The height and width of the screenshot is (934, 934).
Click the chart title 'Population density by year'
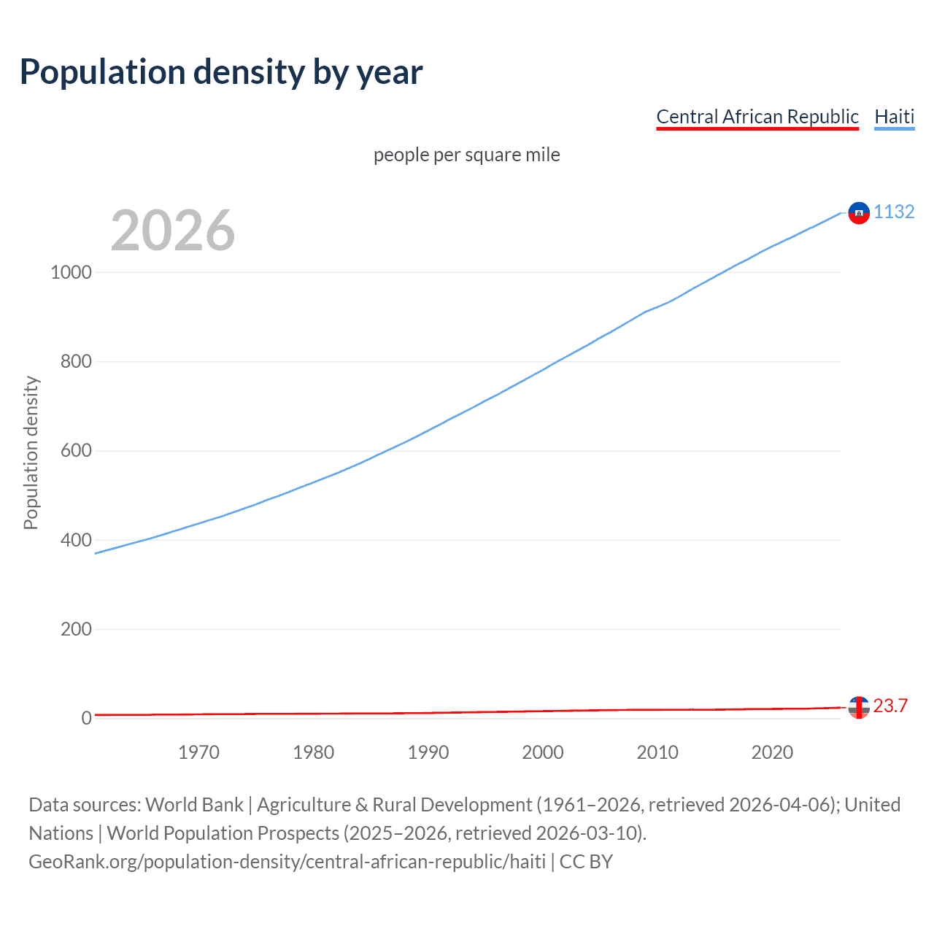(221, 72)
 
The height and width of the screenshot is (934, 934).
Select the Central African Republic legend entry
(757, 117)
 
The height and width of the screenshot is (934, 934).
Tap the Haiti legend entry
(894, 117)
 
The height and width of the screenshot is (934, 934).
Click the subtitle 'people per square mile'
(466, 155)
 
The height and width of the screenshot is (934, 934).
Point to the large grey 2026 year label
(173, 231)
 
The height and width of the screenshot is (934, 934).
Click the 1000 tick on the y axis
(72, 272)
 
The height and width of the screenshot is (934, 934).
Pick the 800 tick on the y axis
(76, 362)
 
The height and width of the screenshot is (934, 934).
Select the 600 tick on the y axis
(76, 451)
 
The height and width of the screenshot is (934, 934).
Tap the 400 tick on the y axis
(76, 541)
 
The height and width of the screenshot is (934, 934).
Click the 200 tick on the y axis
(76, 630)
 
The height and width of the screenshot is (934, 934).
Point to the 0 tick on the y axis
(87, 719)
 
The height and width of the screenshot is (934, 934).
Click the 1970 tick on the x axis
(198, 752)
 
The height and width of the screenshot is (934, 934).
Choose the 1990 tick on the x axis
(428, 752)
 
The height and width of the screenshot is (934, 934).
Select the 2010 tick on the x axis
(657, 752)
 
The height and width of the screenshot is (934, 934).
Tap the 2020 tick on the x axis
(772, 752)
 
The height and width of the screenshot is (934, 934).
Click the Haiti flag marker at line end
(859, 212)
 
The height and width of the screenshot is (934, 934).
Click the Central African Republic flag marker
(859, 707)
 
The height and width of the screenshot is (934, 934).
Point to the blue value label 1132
(894, 212)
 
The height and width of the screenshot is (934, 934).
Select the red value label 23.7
(890, 706)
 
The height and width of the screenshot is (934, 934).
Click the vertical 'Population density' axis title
(31, 452)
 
